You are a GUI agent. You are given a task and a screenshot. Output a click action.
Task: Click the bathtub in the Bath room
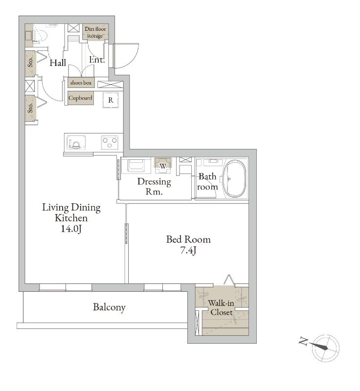coord(234,178)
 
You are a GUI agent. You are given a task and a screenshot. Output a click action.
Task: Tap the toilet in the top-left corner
coord(40,35)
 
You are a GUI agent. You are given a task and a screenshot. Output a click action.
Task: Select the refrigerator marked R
coord(111,100)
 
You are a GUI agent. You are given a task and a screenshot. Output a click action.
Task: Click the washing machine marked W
coord(163,165)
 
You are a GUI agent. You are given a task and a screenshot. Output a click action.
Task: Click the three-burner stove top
coord(110,143)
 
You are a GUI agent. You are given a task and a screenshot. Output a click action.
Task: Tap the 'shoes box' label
coord(81,83)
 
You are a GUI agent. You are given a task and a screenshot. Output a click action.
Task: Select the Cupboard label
coord(80,98)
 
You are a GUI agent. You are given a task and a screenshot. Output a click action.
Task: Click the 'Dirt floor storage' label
coord(95,32)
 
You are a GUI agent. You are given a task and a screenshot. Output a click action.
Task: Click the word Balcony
coord(109,307)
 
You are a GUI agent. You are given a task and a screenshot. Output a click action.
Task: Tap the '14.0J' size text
coord(71,229)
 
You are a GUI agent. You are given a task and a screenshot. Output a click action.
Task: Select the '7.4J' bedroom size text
coord(188,250)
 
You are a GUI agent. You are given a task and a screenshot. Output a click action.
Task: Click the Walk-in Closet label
coord(221,308)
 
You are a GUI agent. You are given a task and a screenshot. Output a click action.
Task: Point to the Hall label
coord(58,63)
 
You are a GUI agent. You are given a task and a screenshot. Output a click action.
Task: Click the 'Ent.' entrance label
coord(97,60)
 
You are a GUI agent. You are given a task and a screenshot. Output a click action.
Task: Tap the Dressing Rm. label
coord(154,187)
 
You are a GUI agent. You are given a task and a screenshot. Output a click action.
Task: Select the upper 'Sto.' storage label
coord(30,62)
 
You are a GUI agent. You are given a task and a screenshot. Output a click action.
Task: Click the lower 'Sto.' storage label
coord(30,108)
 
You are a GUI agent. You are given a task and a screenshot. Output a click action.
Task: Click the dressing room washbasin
coord(136,165)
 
